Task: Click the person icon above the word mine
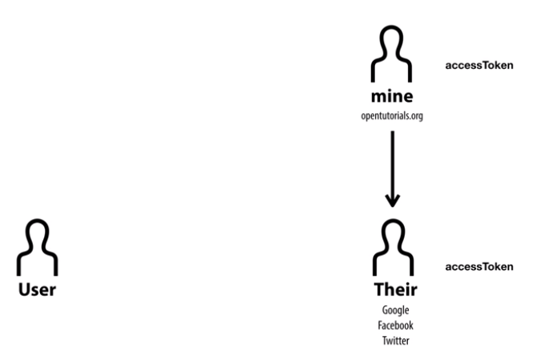tap(391, 56)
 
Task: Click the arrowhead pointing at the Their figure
tap(391, 201)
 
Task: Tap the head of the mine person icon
tap(391, 41)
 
